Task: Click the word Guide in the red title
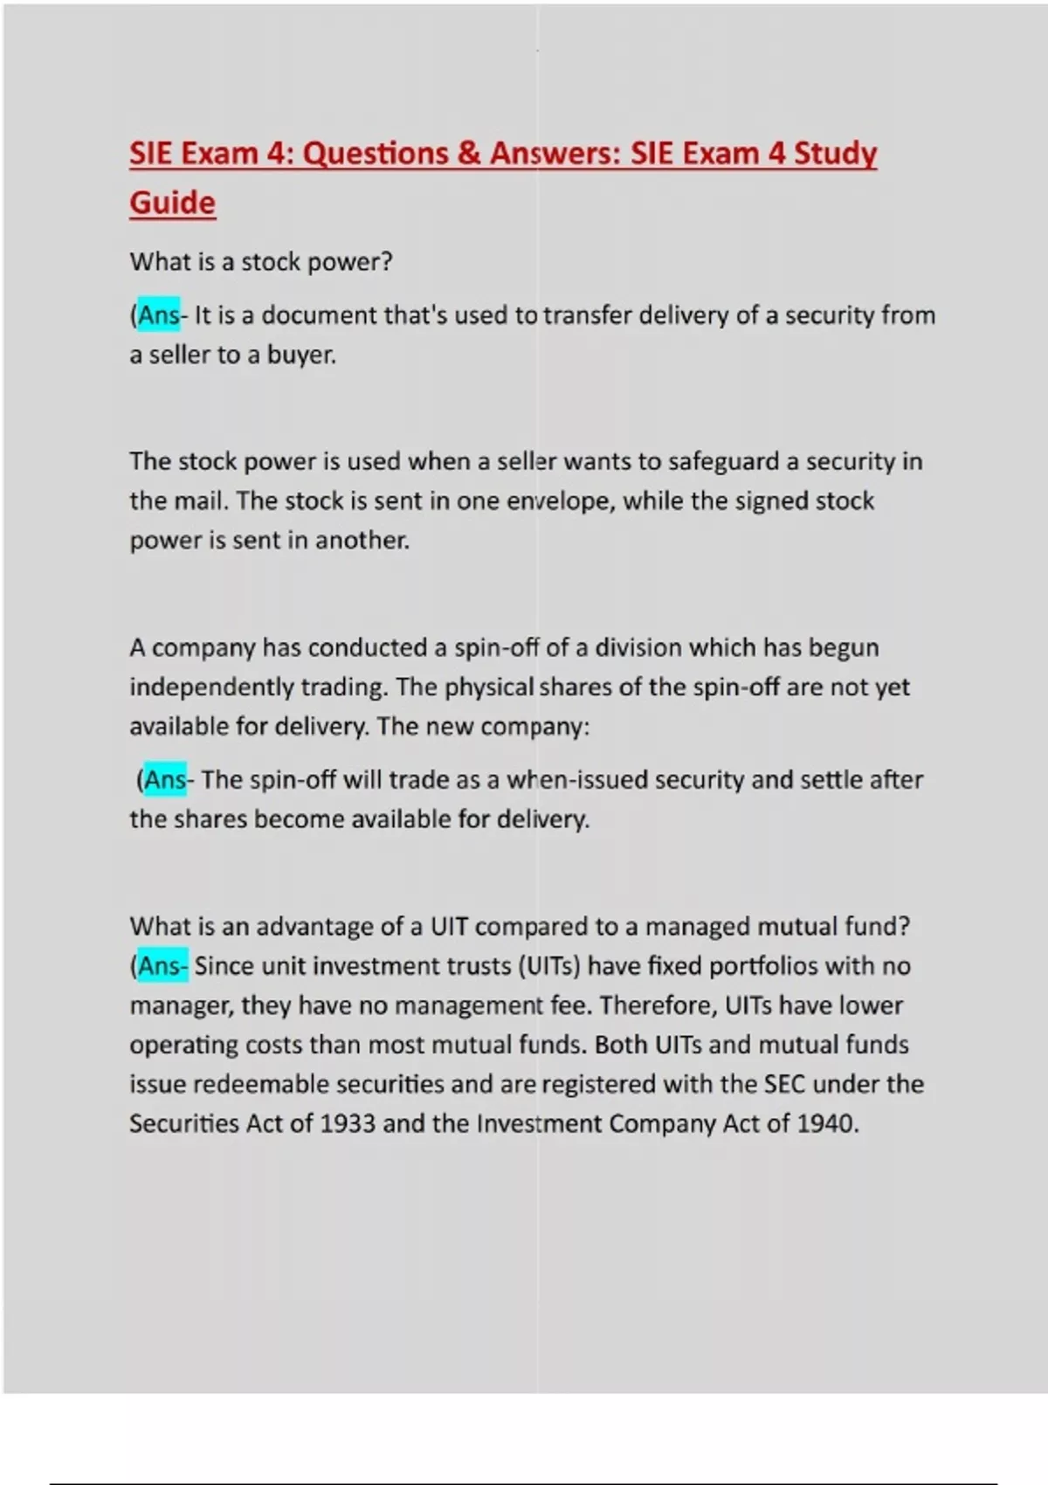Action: [172, 203]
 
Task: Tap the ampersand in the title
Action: [468, 154]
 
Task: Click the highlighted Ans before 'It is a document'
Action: [159, 314]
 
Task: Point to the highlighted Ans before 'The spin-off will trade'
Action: [165, 779]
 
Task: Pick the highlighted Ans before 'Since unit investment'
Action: [161, 965]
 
